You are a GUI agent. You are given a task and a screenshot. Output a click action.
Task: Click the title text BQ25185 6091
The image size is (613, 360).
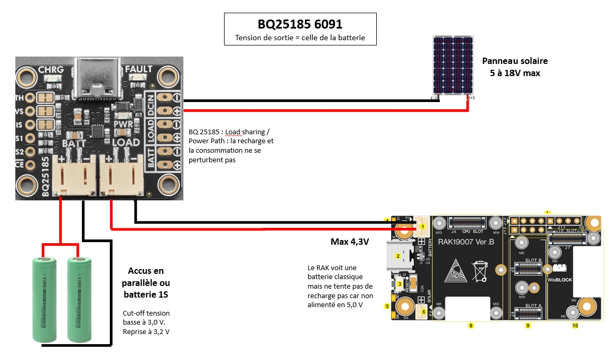coord(300,24)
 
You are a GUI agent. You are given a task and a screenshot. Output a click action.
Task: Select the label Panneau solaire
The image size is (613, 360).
coord(515,61)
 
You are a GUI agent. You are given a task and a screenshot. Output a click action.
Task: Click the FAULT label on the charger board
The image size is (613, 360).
coord(138,69)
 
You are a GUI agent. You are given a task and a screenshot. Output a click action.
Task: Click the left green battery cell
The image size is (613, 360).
coord(45,300)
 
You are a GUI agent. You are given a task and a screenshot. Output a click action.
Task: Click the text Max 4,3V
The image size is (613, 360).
coord(349,242)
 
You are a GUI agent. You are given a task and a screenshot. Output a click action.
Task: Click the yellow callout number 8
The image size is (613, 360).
coord(470,326)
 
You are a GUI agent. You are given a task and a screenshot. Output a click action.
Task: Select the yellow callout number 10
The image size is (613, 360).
coord(575,326)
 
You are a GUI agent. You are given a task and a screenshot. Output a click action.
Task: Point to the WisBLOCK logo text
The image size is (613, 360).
coord(560,279)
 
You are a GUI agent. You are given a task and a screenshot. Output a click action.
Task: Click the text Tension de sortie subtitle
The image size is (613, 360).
coord(300,38)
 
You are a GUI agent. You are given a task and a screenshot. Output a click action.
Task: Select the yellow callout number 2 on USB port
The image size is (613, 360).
coord(398,256)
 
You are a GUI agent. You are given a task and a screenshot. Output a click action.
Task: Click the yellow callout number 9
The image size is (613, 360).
coord(527,326)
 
